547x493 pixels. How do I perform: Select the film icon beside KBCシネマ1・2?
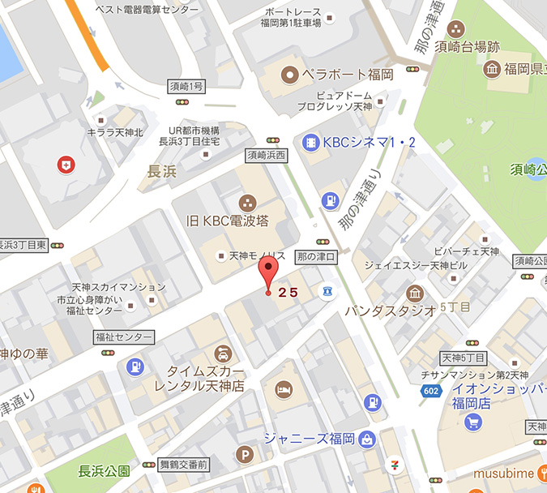(x=310, y=143)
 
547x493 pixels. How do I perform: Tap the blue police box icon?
(x=327, y=291)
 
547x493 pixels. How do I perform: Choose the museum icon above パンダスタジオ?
(x=415, y=294)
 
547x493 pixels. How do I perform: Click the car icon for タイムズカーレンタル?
(x=221, y=354)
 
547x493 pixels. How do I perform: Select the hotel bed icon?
(x=283, y=391)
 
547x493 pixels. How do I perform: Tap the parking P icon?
(x=242, y=456)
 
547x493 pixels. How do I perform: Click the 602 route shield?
(x=432, y=392)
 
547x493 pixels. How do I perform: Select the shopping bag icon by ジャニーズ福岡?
(x=368, y=439)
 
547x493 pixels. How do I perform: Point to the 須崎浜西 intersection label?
(x=267, y=154)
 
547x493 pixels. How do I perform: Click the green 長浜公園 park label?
(x=105, y=471)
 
